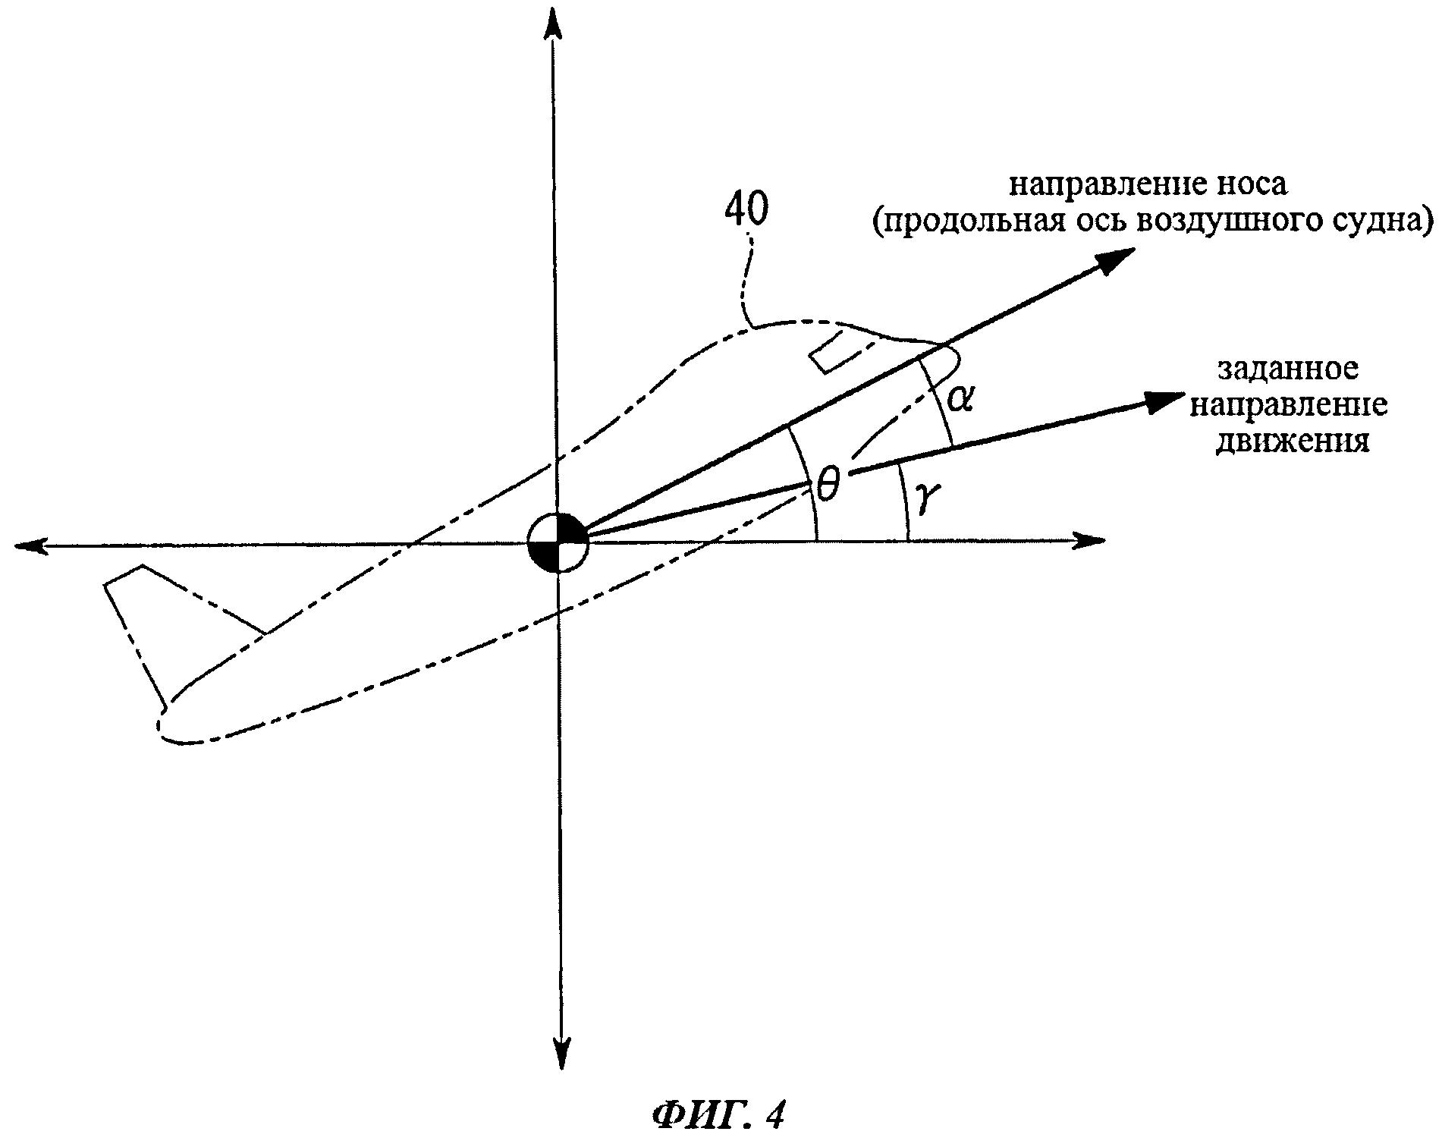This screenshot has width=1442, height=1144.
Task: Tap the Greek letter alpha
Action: (960, 398)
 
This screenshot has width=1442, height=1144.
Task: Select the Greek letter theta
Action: (827, 484)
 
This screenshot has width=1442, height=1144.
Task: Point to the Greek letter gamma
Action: (927, 498)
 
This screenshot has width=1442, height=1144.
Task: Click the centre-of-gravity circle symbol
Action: (558, 542)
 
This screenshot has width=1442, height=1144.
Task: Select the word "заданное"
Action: (1288, 369)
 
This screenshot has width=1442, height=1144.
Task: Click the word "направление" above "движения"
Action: (1288, 406)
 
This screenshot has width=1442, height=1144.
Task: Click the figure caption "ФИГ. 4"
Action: (718, 1114)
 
